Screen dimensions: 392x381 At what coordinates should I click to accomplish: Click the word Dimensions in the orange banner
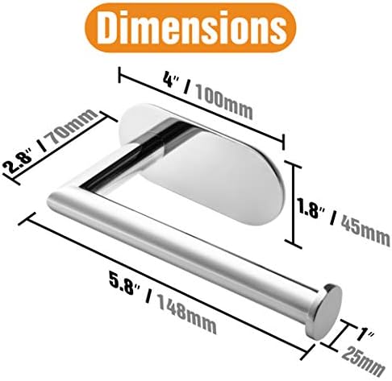click(191, 27)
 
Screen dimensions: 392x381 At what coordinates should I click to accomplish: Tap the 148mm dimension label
click(186, 314)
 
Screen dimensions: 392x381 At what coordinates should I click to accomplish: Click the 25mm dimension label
click(363, 361)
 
